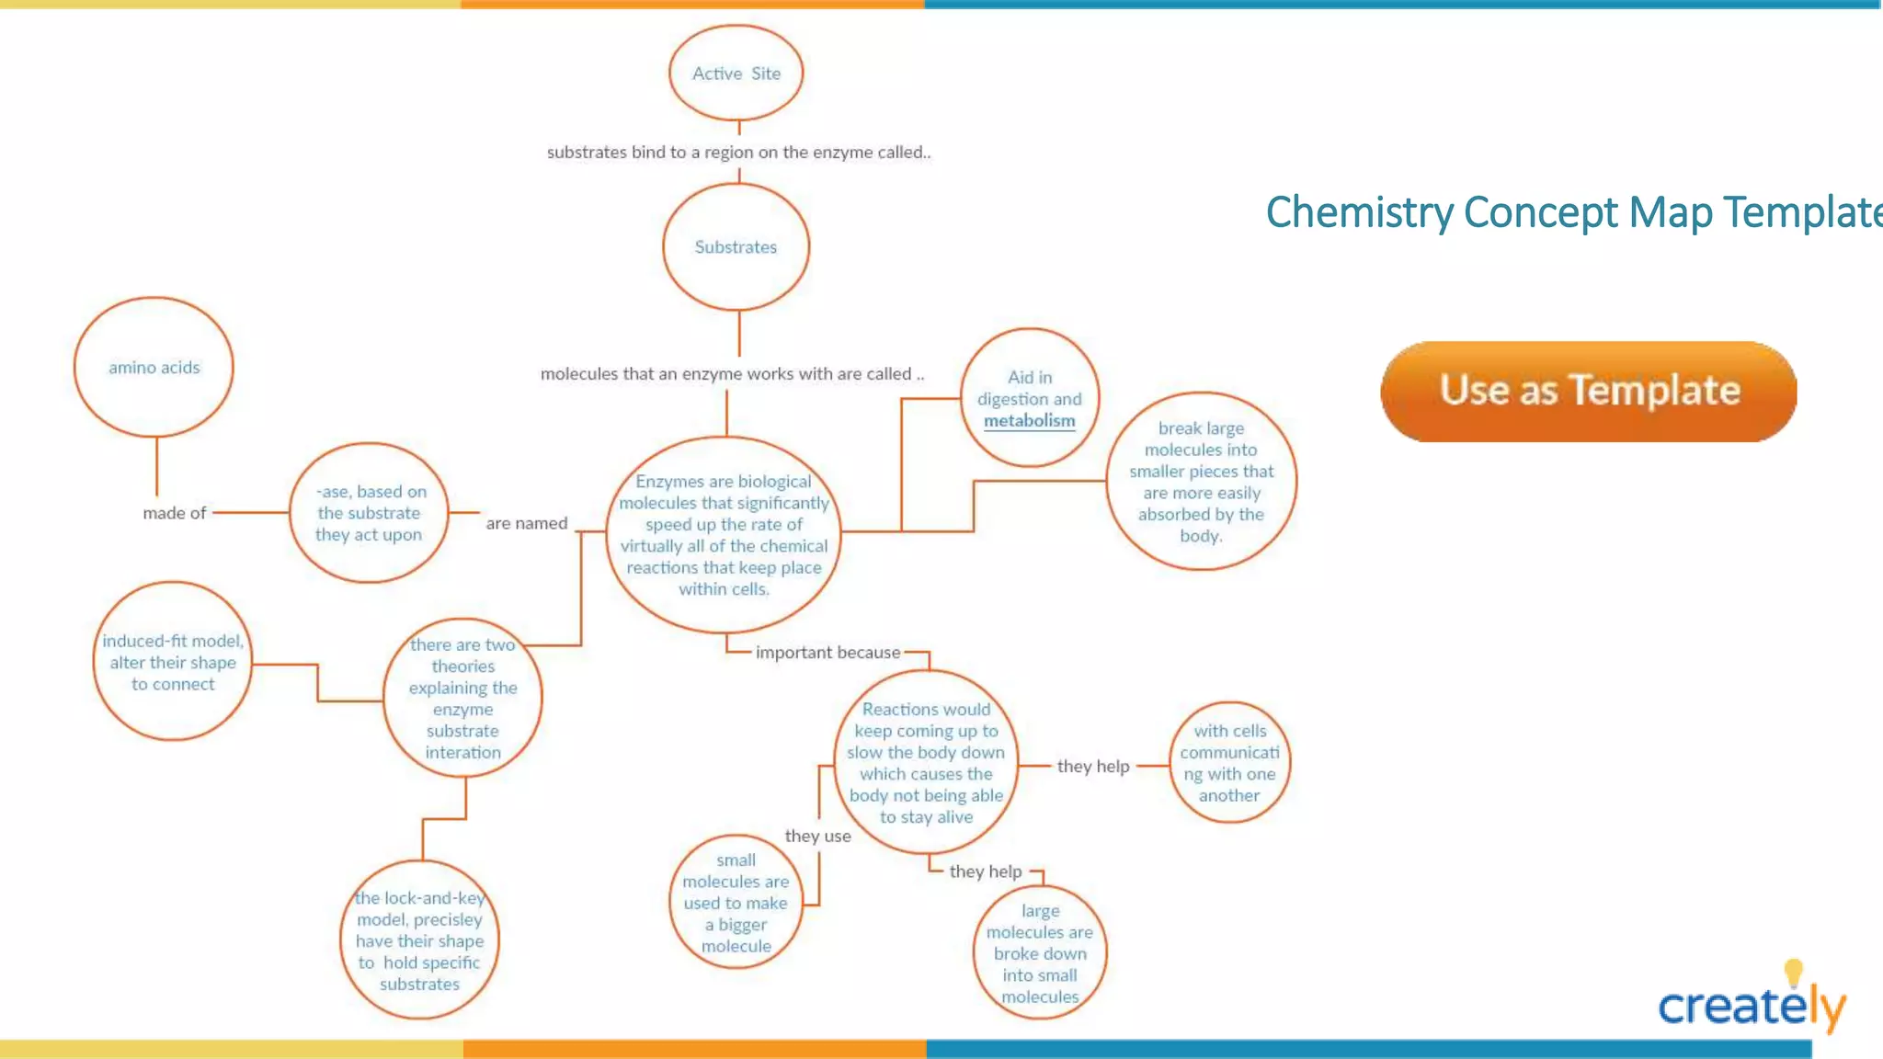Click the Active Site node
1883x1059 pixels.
point(736,74)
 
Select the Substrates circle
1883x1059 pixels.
point(736,246)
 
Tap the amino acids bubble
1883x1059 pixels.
point(154,367)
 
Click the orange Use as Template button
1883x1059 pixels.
point(1589,391)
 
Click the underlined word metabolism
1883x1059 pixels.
point(1029,421)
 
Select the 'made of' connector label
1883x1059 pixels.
point(174,513)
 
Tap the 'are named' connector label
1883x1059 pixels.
point(526,523)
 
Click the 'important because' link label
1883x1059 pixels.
point(827,652)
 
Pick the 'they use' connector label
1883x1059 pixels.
point(817,836)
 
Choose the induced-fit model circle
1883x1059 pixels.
point(173,662)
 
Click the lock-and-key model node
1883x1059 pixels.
point(419,940)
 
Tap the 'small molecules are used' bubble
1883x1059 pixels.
point(736,903)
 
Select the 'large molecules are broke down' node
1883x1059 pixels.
point(1040,953)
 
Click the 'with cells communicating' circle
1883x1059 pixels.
point(1229,763)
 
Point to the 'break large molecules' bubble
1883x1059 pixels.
point(1201,482)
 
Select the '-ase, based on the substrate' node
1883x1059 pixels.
point(369,513)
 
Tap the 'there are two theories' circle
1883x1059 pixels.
point(462,699)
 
